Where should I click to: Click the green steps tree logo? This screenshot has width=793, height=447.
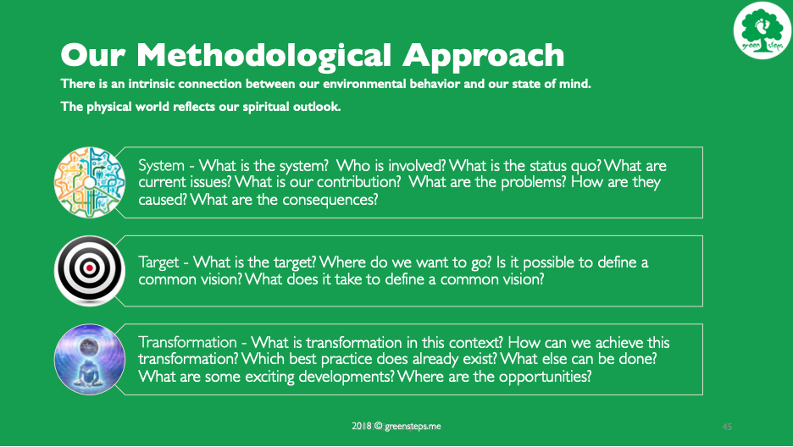point(762,30)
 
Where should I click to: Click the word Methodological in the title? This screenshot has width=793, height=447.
point(264,55)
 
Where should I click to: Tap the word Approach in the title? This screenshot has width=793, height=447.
point(484,56)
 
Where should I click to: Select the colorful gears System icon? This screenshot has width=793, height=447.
point(90,182)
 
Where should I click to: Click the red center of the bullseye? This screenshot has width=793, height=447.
point(90,268)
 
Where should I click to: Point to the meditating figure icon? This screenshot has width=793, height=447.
point(90,359)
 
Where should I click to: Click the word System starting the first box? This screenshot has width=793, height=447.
point(161,166)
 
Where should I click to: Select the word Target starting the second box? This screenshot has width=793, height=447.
point(158,262)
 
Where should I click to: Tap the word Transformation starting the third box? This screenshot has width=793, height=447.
point(187,343)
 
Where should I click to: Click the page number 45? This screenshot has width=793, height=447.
point(727,427)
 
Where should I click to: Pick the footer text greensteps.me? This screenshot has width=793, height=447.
point(413,427)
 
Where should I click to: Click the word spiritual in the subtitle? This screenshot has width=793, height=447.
point(263,107)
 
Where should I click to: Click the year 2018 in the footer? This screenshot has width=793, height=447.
point(362,427)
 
